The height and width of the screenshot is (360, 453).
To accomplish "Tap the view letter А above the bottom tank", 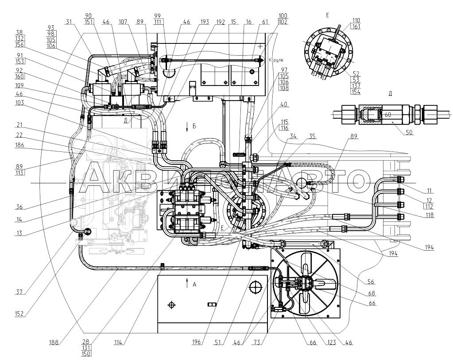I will [194, 285].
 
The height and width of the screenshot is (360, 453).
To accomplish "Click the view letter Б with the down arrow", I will [194, 126].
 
